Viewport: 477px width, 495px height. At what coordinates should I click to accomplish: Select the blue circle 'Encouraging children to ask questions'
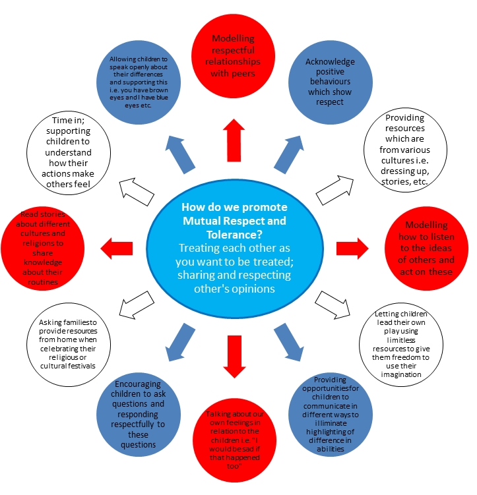[x=139, y=413]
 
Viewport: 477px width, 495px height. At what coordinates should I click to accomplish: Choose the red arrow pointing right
[x=353, y=248]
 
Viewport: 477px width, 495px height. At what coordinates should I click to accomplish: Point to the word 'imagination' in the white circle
[x=401, y=374]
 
